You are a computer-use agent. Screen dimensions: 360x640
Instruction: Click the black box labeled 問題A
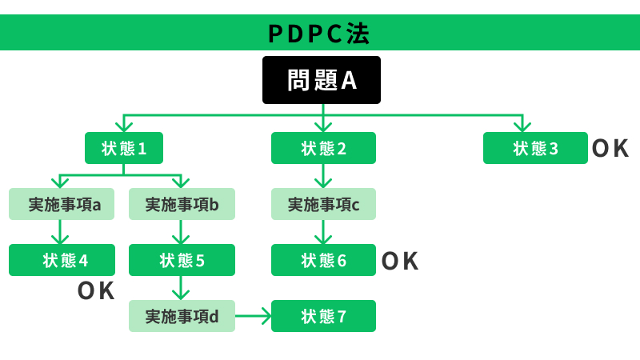click(x=322, y=80)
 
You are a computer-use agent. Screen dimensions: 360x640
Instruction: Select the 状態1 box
click(x=123, y=148)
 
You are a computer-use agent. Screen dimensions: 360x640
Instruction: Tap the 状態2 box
click(x=323, y=148)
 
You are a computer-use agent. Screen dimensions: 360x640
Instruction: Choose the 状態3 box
click(x=535, y=148)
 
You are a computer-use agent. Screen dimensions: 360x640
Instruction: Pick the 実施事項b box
click(x=182, y=204)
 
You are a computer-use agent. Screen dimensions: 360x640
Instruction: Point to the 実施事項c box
click(x=323, y=204)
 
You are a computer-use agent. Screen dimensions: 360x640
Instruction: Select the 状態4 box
click(x=62, y=260)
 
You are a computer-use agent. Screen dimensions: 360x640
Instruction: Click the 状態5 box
click(x=182, y=260)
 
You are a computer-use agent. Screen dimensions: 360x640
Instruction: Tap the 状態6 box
click(x=323, y=260)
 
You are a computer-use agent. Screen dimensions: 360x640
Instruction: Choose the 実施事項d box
click(x=182, y=316)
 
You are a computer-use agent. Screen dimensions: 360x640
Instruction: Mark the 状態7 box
click(x=323, y=316)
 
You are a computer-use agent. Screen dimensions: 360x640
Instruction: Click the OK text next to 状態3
click(x=610, y=148)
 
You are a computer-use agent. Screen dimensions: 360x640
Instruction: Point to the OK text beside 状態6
click(x=400, y=261)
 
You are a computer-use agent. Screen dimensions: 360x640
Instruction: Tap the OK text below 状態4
click(x=96, y=290)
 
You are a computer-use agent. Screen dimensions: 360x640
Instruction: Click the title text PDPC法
click(x=319, y=34)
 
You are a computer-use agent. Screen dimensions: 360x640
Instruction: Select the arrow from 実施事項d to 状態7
click(x=254, y=316)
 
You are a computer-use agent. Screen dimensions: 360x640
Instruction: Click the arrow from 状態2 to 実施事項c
click(x=323, y=176)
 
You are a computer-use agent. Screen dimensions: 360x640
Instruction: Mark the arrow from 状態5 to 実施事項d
click(x=182, y=288)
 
